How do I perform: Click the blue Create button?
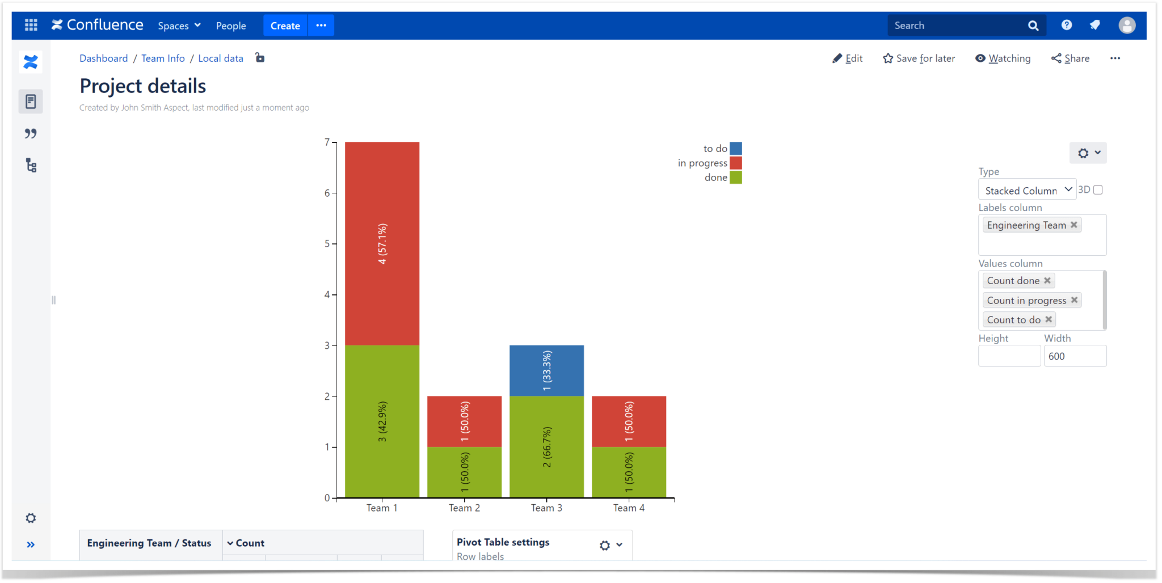click(285, 26)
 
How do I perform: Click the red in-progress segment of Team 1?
click(382, 243)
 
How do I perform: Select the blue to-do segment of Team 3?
click(546, 370)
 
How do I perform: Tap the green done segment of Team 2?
click(464, 472)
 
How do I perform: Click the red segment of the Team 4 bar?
click(629, 421)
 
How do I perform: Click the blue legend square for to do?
click(736, 149)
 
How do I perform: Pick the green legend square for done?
click(736, 178)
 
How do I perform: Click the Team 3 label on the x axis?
click(546, 508)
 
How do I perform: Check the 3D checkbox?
click(1098, 190)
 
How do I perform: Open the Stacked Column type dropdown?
click(1027, 191)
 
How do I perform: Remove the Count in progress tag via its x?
click(1074, 300)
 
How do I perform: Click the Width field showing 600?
click(1075, 356)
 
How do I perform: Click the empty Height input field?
click(1009, 356)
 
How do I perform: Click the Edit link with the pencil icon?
click(848, 58)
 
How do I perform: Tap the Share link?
click(1071, 58)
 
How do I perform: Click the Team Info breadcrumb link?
click(163, 58)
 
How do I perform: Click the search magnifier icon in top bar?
click(1033, 26)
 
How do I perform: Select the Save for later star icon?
click(888, 58)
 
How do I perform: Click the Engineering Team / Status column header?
click(149, 543)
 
